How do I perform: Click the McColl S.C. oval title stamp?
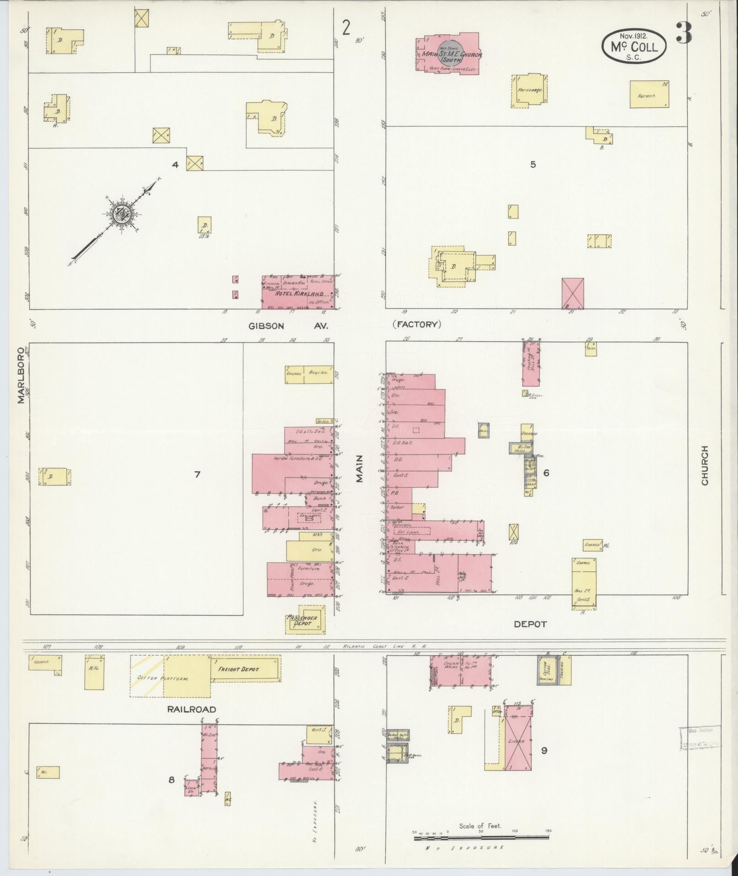point(634,46)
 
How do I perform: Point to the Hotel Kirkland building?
point(298,293)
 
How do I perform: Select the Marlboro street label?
point(21,375)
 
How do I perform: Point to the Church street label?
point(705,466)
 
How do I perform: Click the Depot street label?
point(530,624)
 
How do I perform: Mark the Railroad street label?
point(191,709)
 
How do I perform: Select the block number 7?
point(197,474)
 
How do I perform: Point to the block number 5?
point(533,164)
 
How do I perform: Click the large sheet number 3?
point(684,33)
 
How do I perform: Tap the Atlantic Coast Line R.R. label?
point(385,647)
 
